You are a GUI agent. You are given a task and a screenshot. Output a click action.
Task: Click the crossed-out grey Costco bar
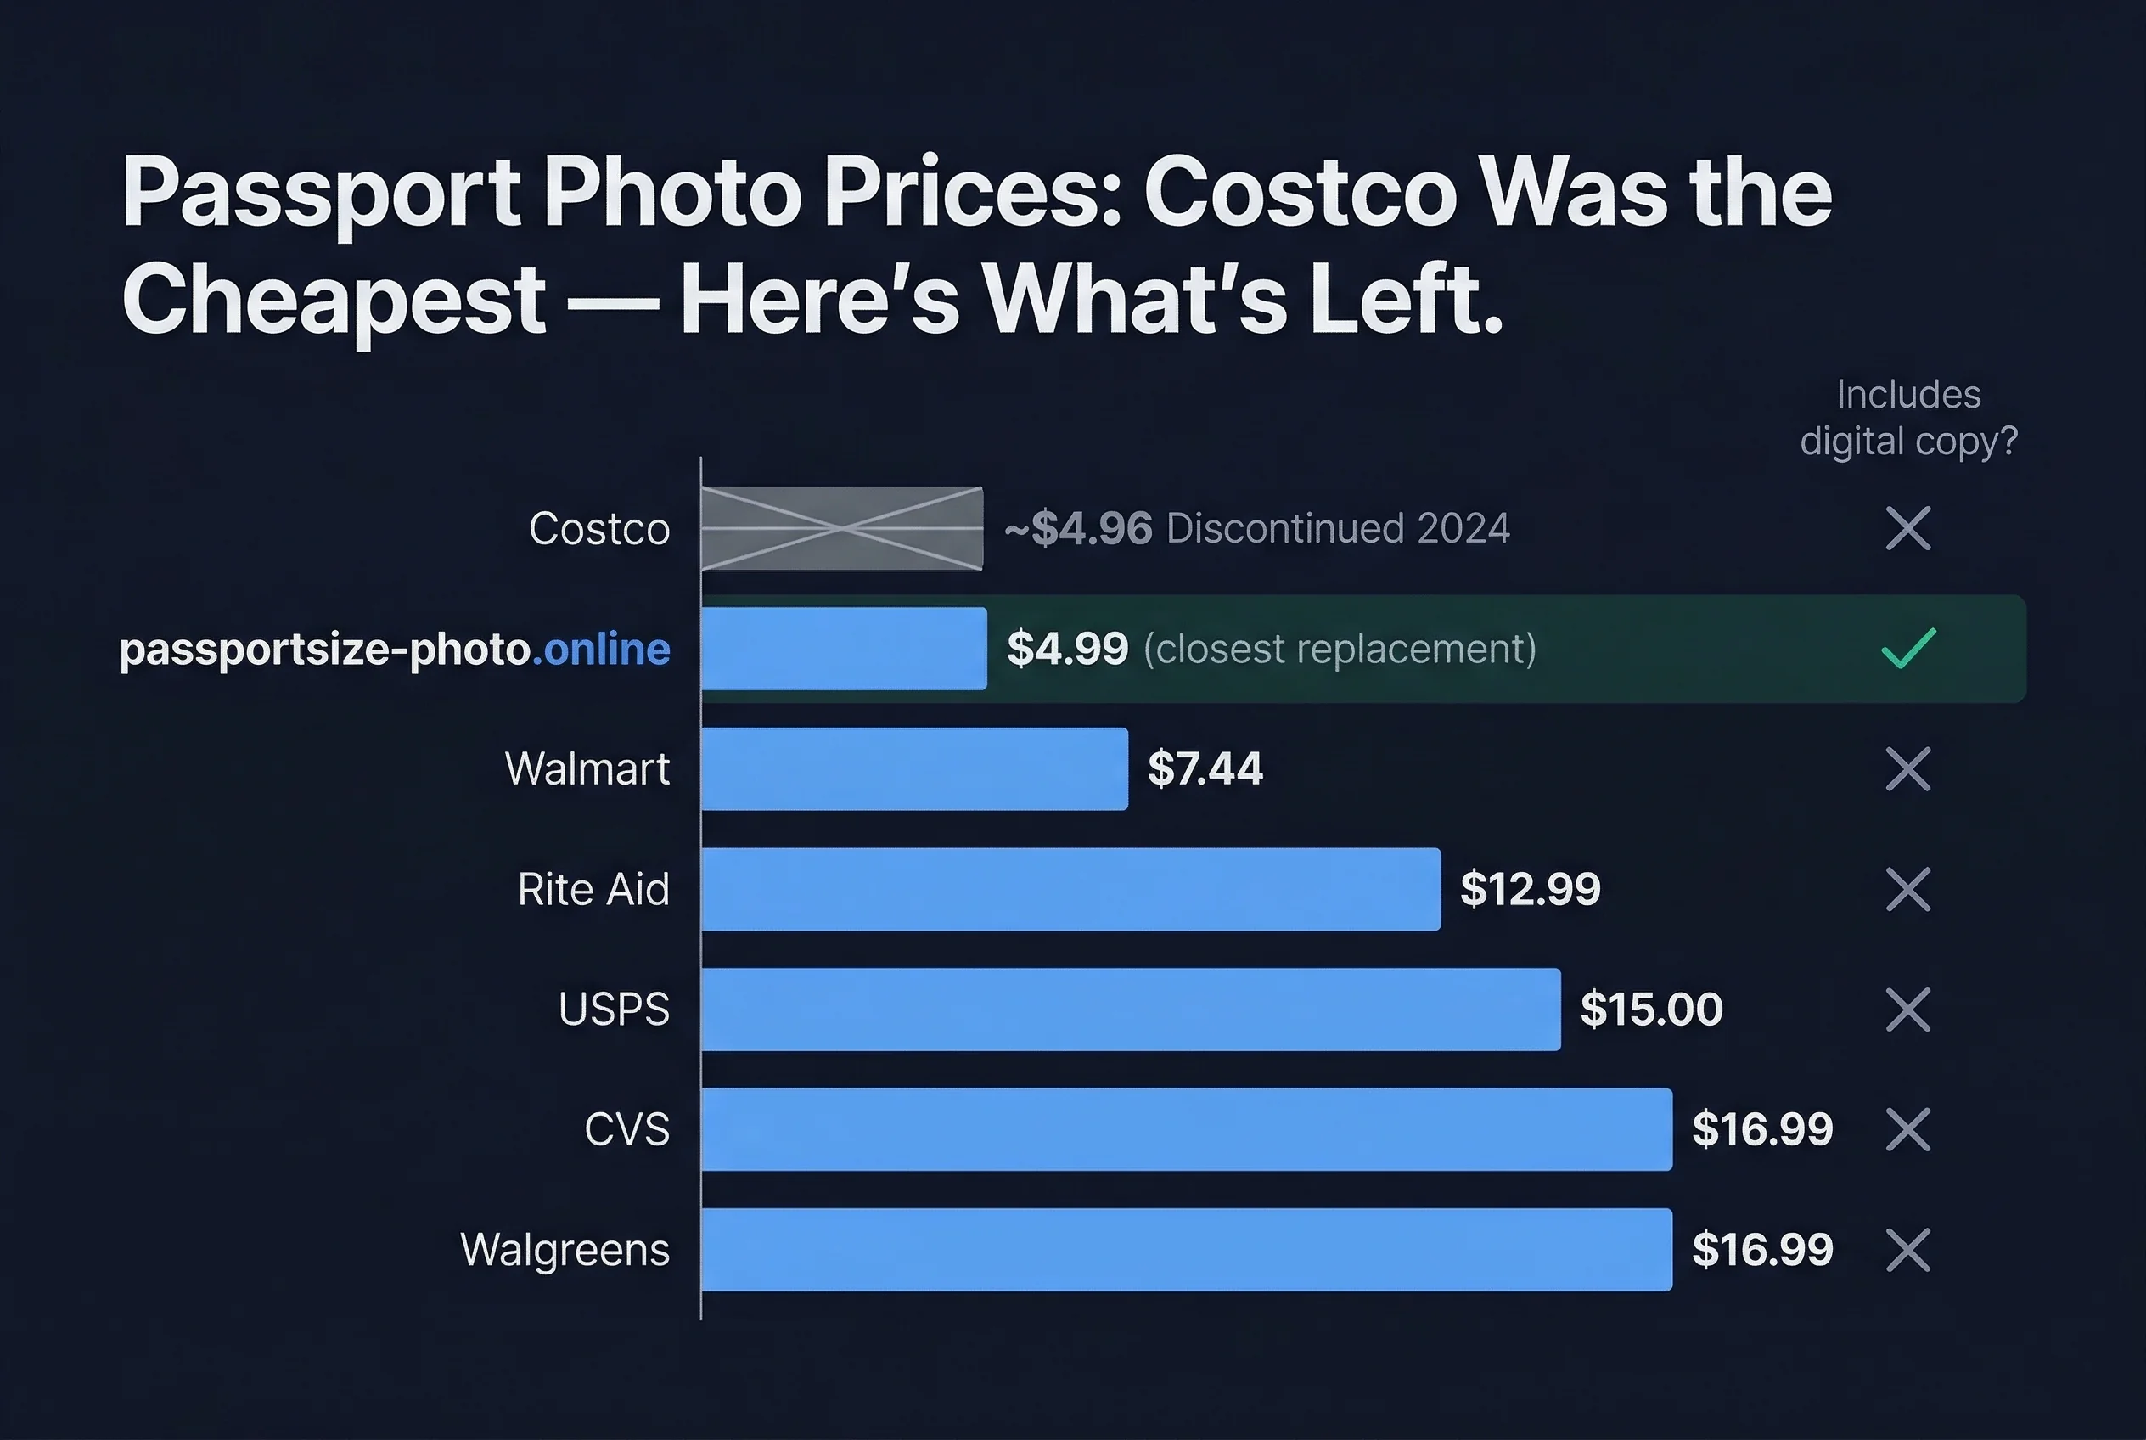pyautogui.click(x=842, y=528)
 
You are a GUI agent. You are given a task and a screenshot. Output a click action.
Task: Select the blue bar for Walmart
pyautogui.click(x=914, y=768)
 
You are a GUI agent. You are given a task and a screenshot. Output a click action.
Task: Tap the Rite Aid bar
pyautogui.click(x=1070, y=889)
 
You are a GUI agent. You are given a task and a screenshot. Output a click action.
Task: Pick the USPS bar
pyautogui.click(x=1131, y=1010)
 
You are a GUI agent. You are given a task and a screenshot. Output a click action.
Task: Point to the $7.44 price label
pyautogui.click(x=1205, y=768)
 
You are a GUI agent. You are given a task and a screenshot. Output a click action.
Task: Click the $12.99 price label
pyautogui.click(x=1530, y=889)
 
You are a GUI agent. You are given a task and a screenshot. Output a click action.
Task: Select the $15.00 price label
pyautogui.click(x=1651, y=1010)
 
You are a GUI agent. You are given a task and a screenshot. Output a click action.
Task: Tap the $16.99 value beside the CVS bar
pyautogui.click(x=1762, y=1129)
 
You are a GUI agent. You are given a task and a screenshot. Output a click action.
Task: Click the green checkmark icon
pyautogui.click(x=1908, y=649)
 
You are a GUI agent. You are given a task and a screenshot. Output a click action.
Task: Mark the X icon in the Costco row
pyautogui.click(x=1908, y=528)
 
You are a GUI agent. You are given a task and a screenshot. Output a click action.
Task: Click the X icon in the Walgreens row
pyautogui.click(x=1908, y=1250)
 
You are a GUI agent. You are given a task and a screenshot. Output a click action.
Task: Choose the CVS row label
pyautogui.click(x=627, y=1129)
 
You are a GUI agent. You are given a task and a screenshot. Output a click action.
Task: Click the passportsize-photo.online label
pyautogui.click(x=395, y=650)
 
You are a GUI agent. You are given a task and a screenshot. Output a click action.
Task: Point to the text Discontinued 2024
pyautogui.click(x=1338, y=528)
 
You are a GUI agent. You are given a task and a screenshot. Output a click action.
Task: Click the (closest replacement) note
pyautogui.click(x=1340, y=649)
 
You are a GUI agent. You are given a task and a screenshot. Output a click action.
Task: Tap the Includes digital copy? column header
pyautogui.click(x=1908, y=418)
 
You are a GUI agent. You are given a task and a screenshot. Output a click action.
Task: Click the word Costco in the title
pyautogui.click(x=1301, y=193)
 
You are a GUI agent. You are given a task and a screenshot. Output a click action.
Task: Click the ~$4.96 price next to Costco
pyautogui.click(x=1078, y=528)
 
